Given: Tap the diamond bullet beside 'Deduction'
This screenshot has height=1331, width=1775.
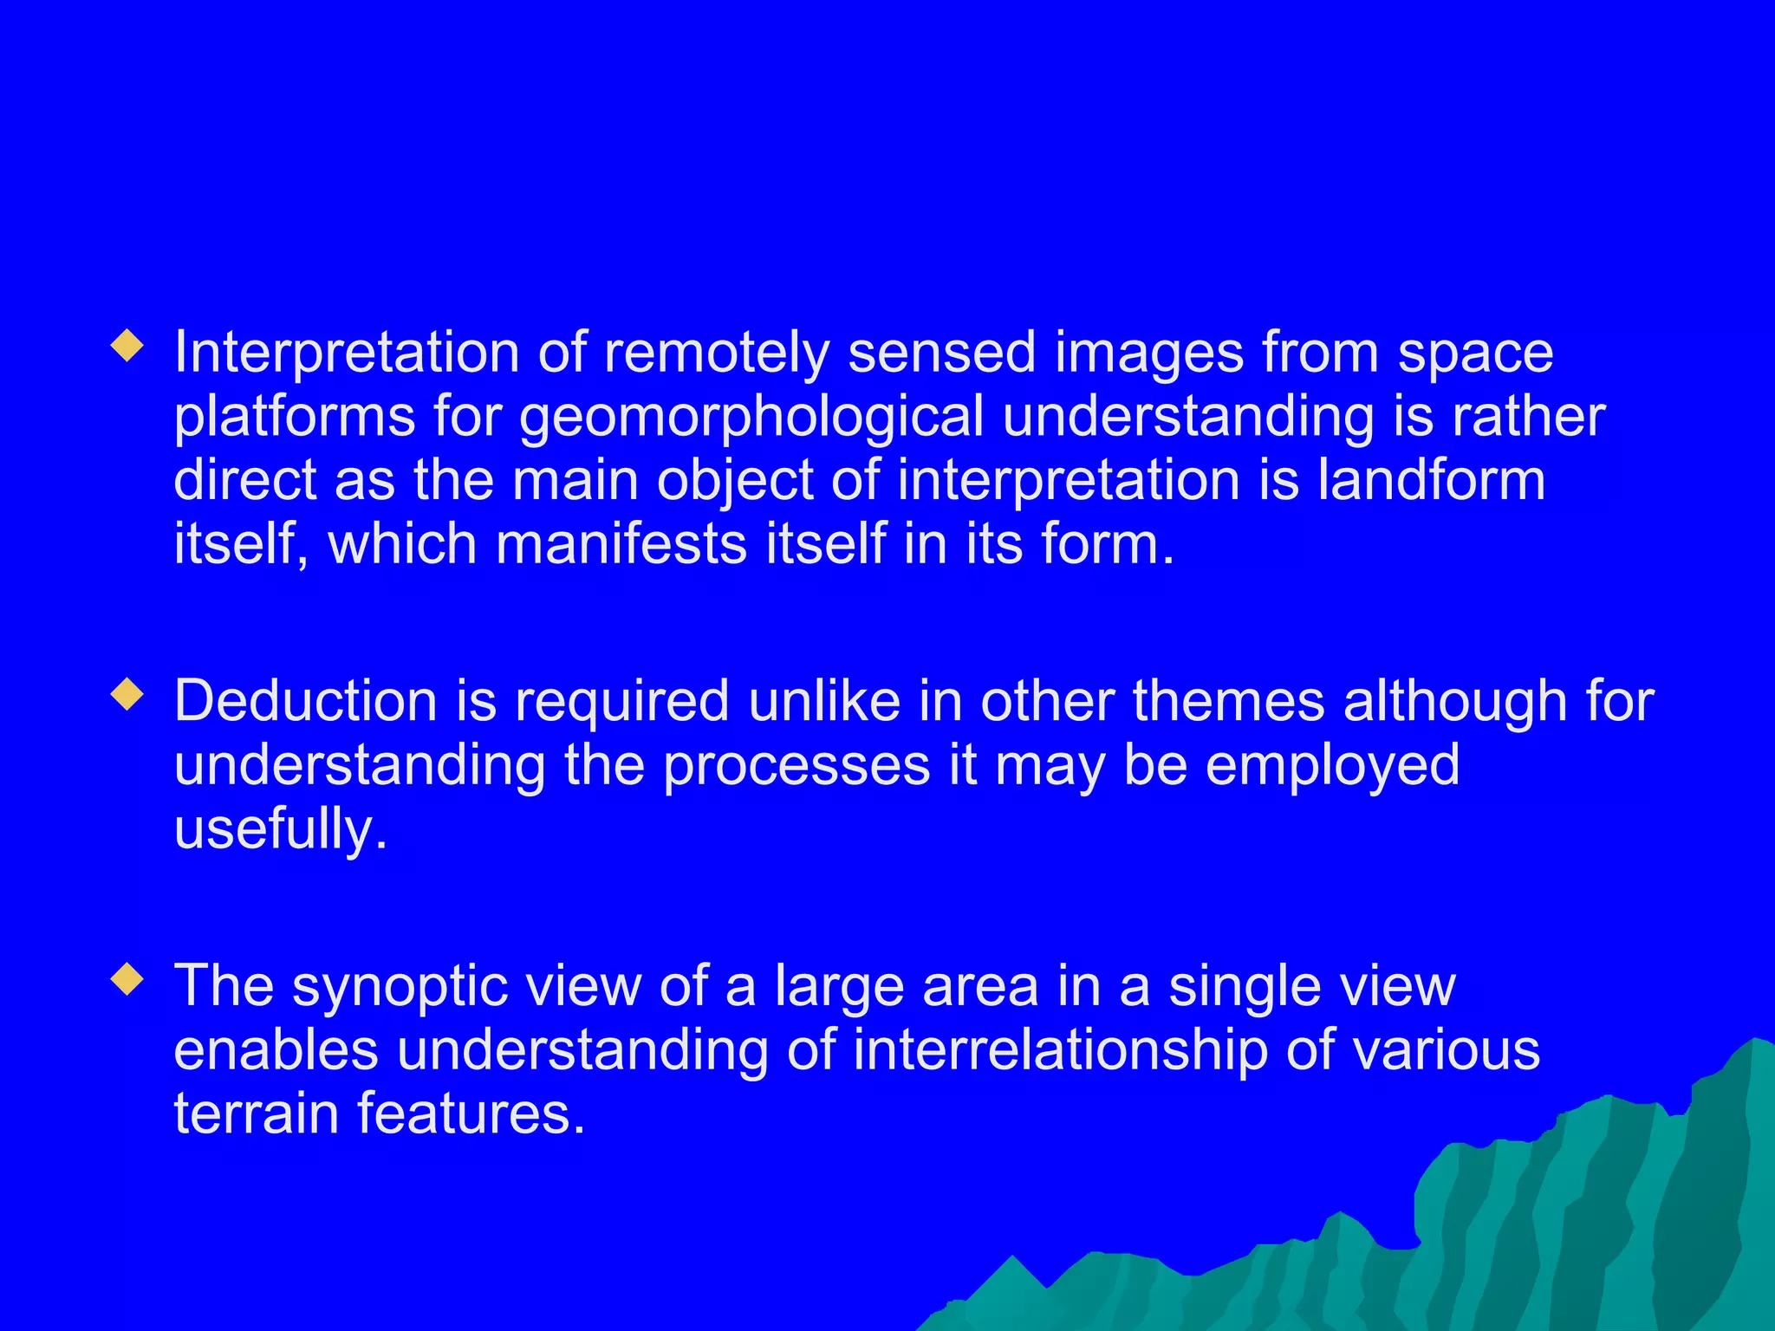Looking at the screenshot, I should coord(127,694).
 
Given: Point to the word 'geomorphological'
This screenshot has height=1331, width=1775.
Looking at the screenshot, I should coord(751,418).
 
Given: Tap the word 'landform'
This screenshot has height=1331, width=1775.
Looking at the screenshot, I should coord(1431,480).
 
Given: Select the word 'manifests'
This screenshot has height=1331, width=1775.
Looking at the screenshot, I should coord(621,544).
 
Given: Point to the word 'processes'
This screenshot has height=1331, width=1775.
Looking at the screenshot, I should coord(796,766).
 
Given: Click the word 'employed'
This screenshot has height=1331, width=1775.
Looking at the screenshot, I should coord(1332,766).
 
